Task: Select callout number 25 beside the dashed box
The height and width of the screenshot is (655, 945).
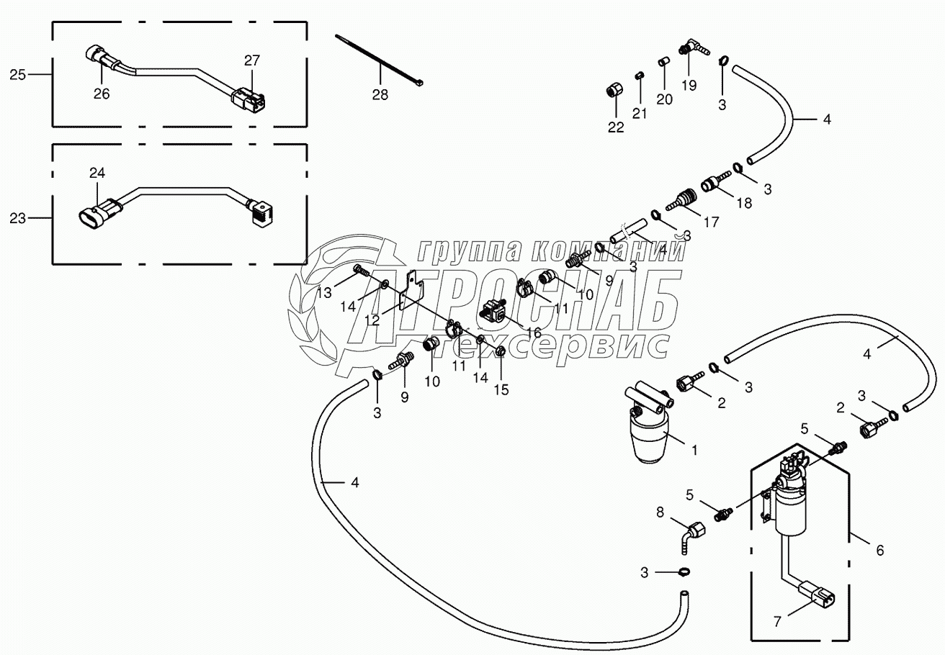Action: tap(17, 73)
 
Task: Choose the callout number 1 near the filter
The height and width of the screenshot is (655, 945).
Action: tap(694, 451)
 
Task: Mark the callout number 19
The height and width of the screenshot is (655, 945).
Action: tap(689, 85)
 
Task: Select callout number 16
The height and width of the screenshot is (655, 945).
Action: tap(533, 332)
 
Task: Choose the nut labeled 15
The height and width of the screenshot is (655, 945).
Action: tap(500, 351)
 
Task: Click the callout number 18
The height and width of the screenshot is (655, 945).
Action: tap(743, 203)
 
